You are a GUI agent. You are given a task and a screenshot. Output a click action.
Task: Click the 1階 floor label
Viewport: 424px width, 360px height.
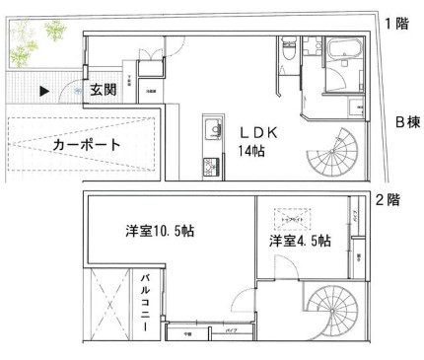[396, 23]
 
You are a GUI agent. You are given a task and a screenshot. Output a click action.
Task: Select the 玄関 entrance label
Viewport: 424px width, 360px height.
[102, 90]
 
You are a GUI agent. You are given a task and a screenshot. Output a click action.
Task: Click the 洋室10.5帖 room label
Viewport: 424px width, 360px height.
[159, 233]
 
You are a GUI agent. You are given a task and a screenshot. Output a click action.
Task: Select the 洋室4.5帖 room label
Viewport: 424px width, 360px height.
[300, 241]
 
